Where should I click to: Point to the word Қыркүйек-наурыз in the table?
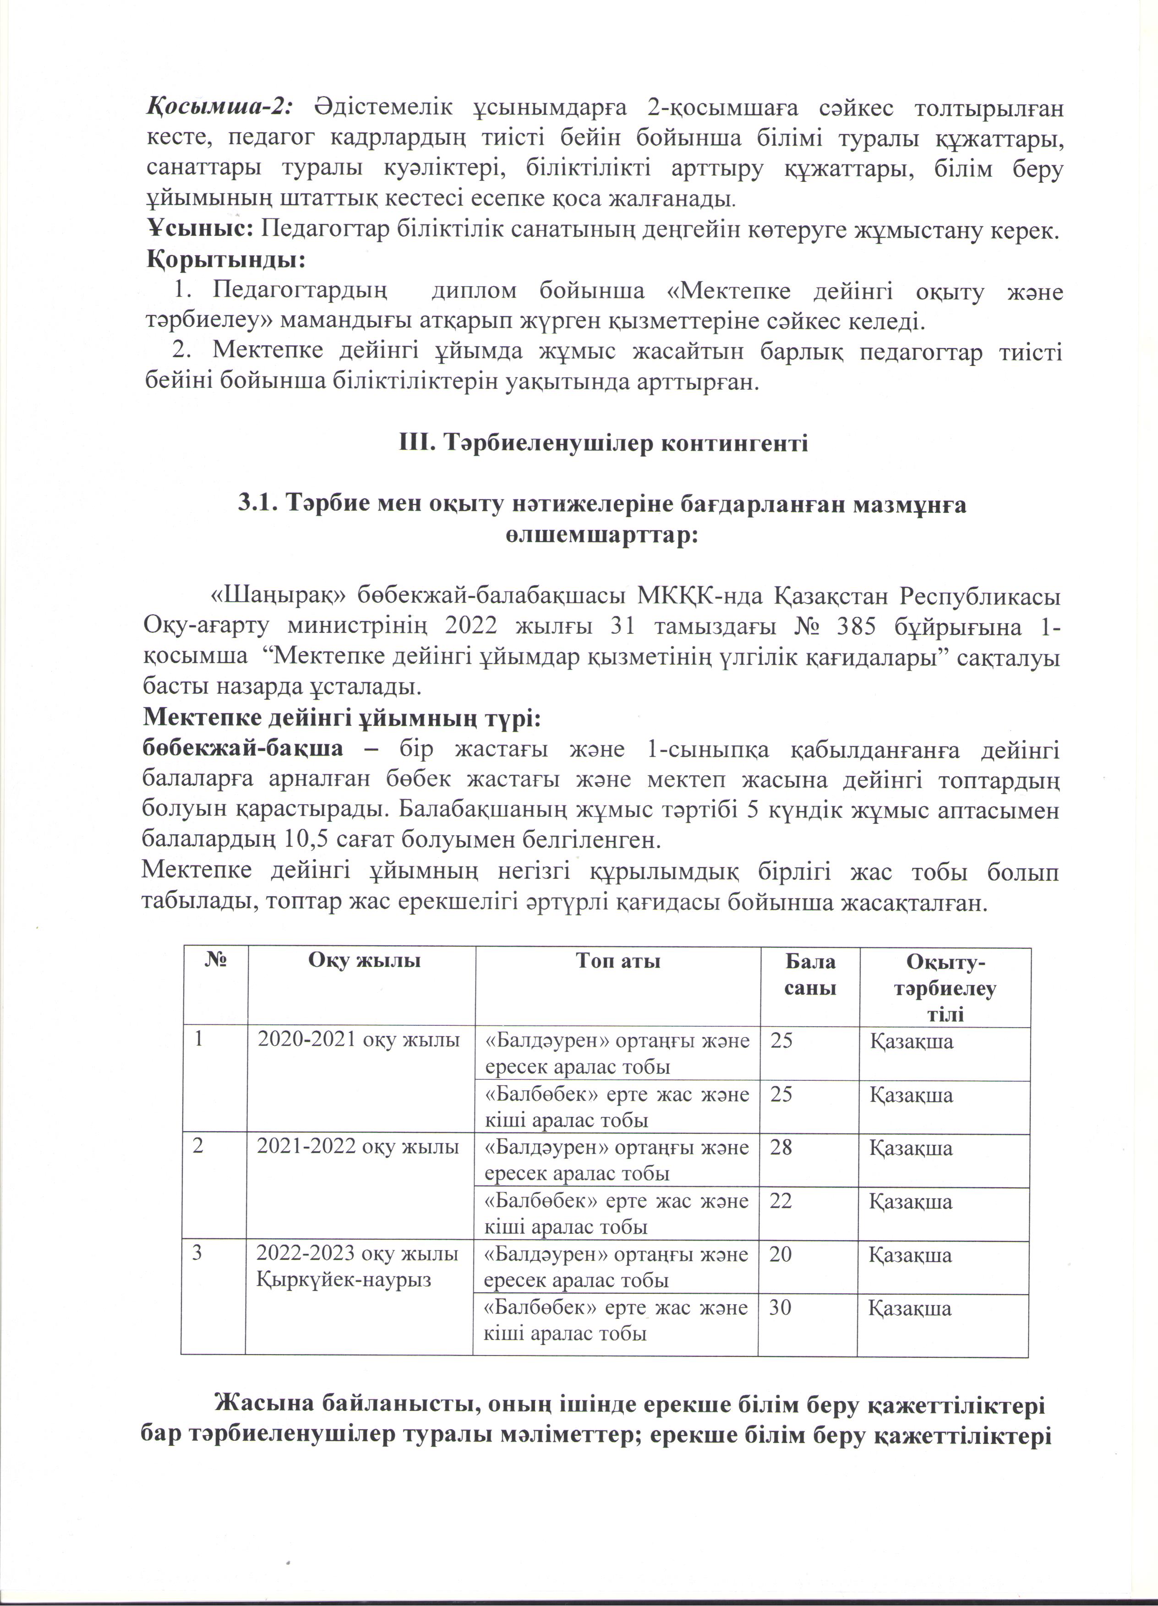coord(344,1279)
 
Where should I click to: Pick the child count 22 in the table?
coord(781,1201)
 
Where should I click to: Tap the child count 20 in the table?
coord(781,1254)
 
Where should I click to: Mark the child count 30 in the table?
coord(781,1307)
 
